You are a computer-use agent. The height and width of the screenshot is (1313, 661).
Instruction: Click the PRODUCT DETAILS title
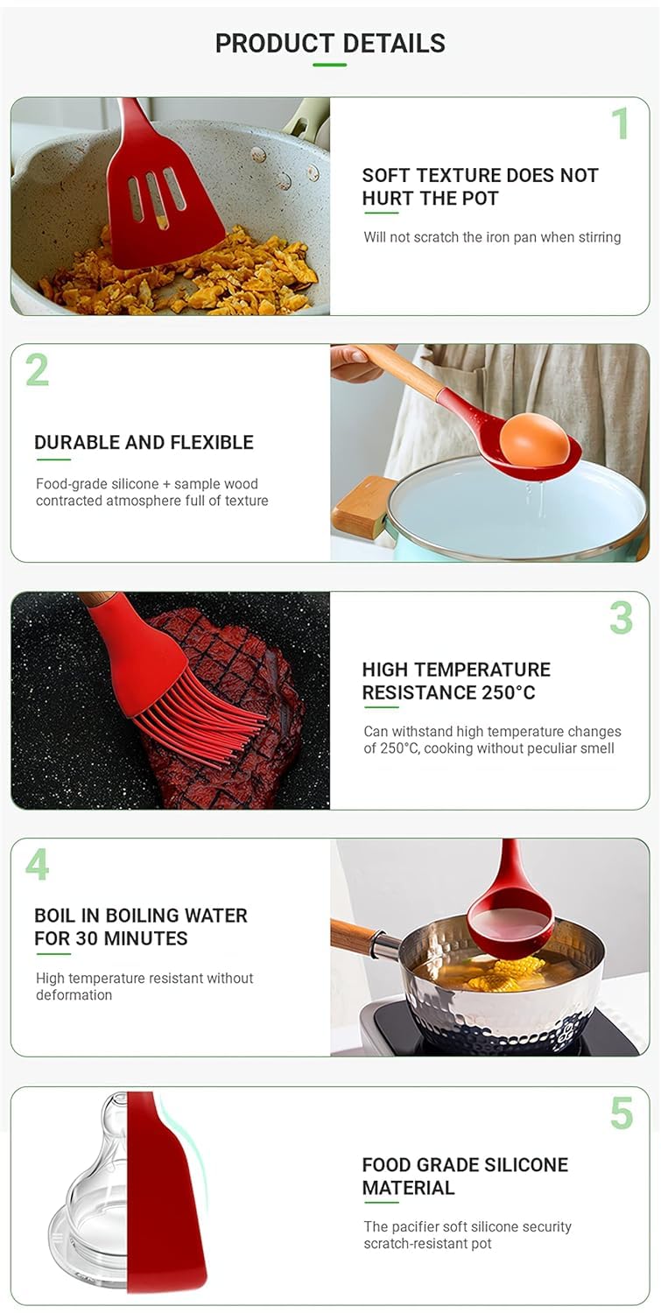330,44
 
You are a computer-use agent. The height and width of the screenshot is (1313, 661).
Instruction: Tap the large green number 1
621,123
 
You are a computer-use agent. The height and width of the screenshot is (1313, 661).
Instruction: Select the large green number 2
37,370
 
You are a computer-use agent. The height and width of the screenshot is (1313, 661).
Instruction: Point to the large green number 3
621,618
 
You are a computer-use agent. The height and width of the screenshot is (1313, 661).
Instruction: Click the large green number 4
37,865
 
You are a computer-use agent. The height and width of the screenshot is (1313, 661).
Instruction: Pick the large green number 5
622,1113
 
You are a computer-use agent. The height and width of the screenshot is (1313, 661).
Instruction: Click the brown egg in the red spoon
534,439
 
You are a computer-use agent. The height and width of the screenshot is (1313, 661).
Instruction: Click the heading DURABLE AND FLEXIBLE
144,443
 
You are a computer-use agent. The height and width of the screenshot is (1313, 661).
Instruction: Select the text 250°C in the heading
508,693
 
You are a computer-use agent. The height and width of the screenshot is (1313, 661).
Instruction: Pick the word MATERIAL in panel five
408,1188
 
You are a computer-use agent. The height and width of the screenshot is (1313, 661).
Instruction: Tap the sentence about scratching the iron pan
492,237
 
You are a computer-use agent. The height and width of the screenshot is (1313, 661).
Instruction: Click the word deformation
74,994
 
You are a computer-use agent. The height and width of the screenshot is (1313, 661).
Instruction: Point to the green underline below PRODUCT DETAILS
329,65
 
